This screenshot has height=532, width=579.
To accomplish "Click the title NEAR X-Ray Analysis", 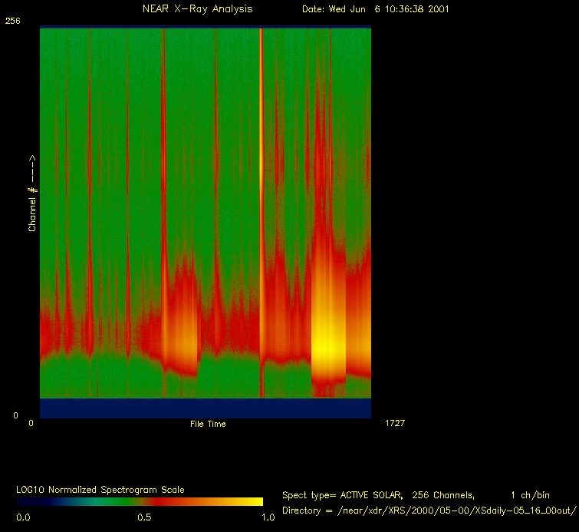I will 197,9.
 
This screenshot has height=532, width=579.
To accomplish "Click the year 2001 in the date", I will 437,9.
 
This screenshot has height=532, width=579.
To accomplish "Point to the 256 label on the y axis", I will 13,21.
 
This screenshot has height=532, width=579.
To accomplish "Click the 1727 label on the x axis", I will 394,423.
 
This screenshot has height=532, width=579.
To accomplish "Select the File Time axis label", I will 208,424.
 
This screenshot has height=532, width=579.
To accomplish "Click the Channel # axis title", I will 32,193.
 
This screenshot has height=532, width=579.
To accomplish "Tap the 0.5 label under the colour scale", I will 143,517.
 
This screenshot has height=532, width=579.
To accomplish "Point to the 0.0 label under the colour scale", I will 24,517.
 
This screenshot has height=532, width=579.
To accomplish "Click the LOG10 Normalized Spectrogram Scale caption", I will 100,489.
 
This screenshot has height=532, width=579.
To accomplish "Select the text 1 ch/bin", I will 530,495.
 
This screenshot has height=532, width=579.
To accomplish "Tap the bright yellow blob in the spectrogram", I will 328,349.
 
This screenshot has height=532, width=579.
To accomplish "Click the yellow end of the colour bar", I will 258,501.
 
